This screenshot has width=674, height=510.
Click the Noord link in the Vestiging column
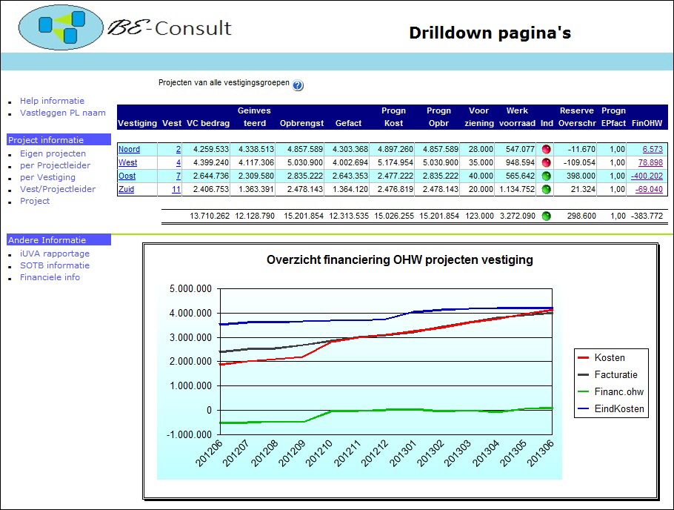point(129,150)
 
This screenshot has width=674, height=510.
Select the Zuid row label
point(126,189)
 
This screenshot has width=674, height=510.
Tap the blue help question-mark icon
point(298,85)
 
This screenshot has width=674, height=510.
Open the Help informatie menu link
point(52,101)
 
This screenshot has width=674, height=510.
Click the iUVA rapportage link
point(55,254)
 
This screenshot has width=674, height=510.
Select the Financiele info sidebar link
point(50,277)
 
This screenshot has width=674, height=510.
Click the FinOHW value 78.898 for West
point(650,162)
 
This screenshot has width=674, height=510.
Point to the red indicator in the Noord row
point(547,150)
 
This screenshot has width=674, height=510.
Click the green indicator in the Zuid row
point(547,189)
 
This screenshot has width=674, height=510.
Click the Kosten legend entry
point(610,357)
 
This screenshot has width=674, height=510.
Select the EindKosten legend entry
point(619,408)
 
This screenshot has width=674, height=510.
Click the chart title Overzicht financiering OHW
point(399,260)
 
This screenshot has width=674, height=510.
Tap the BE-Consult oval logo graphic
point(61,27)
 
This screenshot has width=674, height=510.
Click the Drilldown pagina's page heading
point(490,33)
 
